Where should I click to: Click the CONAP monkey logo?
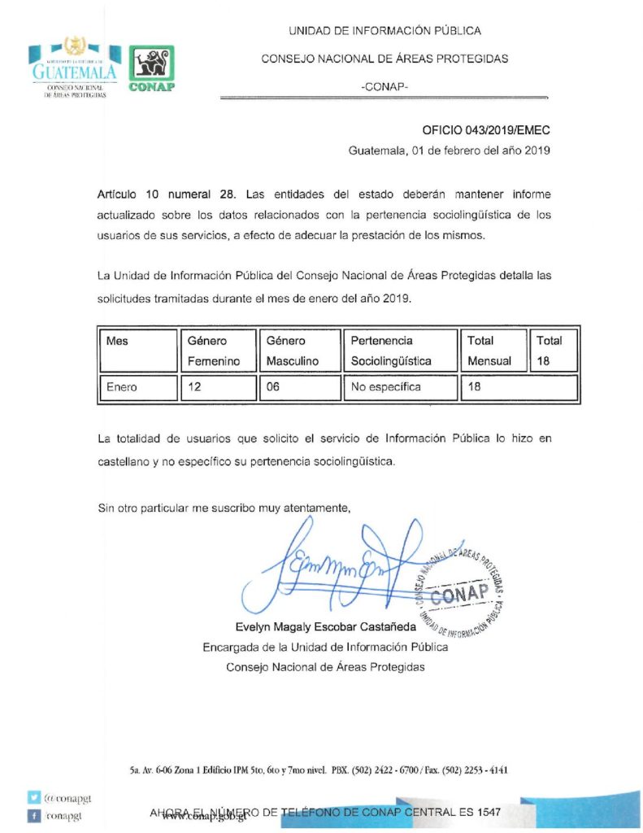point(152,68)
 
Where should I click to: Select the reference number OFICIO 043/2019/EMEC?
point(486,130)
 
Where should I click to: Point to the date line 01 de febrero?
point(450,150)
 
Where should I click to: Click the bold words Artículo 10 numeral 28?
point(167,195)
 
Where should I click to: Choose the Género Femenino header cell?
point(215,351)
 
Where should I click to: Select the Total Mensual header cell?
point(490,351)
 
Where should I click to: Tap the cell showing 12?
point(215,387)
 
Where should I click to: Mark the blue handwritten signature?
point(341,569)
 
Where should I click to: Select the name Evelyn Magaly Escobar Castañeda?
point(325,626)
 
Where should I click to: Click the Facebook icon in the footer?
point(34,814)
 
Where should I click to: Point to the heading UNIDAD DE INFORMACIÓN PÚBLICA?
point(384,31)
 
